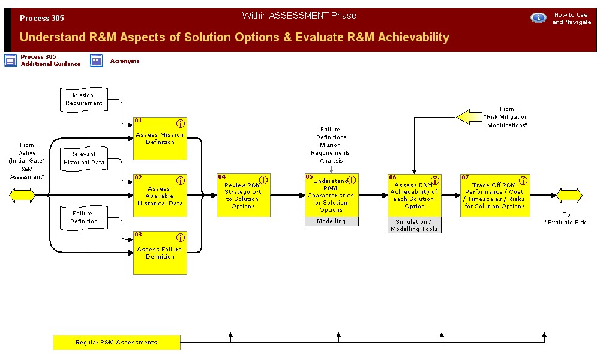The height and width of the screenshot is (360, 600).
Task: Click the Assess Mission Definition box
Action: (160, 139)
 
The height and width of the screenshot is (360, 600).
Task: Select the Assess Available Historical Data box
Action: (160, 196)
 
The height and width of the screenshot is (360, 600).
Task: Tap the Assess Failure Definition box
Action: (160, 253)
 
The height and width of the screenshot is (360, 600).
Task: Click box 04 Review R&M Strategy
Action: (244, 196)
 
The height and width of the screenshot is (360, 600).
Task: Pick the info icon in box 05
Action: (351, 180)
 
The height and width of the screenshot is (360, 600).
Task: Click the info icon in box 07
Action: (523, 180)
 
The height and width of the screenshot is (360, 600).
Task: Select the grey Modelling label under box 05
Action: (331, 221)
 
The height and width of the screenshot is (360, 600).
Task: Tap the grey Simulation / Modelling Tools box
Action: (415, 225)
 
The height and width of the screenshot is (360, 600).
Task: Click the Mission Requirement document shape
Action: (84, 100)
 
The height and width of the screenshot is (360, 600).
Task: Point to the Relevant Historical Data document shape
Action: (84, 158)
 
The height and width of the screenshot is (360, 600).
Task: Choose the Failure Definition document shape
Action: (84, 218)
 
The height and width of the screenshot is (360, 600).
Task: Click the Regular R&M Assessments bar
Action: (116, 343)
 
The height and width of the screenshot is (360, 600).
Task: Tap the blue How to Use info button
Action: (538, 17)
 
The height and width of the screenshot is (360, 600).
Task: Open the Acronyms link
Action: (125, 61)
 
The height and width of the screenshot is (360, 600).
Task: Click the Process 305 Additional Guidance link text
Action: (50, 61)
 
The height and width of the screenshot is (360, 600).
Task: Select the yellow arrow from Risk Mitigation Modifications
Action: (469, 117)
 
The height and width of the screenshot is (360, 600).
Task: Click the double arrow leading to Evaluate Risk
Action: (569, 196)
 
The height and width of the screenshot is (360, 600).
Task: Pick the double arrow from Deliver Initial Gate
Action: (22, 196)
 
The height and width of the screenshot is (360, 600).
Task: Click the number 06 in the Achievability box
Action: (392, 177)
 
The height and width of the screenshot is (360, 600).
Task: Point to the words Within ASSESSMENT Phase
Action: (299, 16)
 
